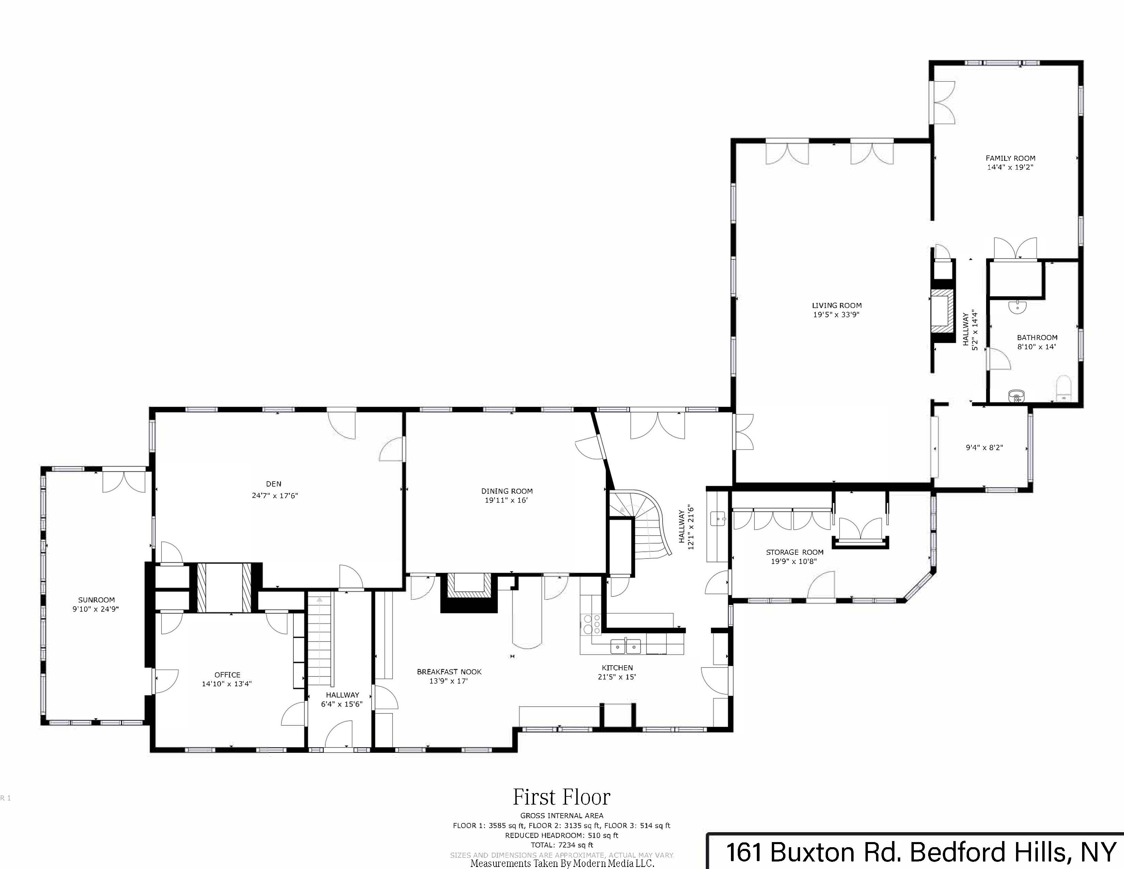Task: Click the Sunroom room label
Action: click(x=96, y=600)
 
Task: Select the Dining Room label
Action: click(x=506, y=491)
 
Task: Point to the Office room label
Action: click(x=227, y=674)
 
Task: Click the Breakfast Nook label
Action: click(x=449, y=671)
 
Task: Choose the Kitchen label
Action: click(x=617, y=668)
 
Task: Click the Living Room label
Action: click(x=836, y=305)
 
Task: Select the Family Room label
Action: click(x=1010, y=158)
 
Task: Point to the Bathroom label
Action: click(x=1036, y=338)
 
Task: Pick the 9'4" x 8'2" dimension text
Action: click(x=984, y=447)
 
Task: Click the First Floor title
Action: click(x=561, y=797)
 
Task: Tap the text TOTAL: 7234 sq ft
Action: click(x=561, y=845)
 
